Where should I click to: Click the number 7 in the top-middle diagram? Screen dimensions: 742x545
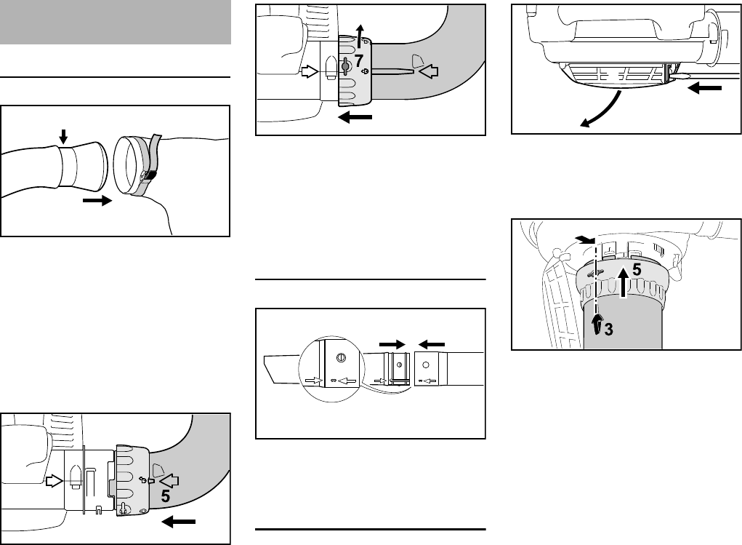[x=359, y=60]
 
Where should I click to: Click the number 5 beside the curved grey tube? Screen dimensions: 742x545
[x=165, y=496]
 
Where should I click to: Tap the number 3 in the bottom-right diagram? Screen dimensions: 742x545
[x=608, y=329]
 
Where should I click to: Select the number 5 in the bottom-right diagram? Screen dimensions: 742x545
[x=637, y=270]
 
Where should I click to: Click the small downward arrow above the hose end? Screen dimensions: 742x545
[x=63, y=138]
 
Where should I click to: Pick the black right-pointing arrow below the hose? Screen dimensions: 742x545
[x=97, y=201]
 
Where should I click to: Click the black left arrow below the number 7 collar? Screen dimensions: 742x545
[x=356, y=117]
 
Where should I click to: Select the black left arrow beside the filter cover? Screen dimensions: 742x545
[x=705, y=88]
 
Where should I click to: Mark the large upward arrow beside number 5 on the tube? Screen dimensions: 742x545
[x=624, y=282]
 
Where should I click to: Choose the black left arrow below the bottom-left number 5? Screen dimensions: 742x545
[x=178, y=522]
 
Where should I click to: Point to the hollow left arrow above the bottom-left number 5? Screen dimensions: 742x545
[x=169, y=481]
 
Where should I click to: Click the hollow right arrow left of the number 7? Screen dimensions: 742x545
[x=310, y=72]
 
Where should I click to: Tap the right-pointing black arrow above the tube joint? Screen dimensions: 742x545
[x=392, y=344]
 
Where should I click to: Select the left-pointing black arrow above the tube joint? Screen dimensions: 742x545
[x=432, y=344]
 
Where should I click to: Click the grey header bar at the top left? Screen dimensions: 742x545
[x=116, y=22]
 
